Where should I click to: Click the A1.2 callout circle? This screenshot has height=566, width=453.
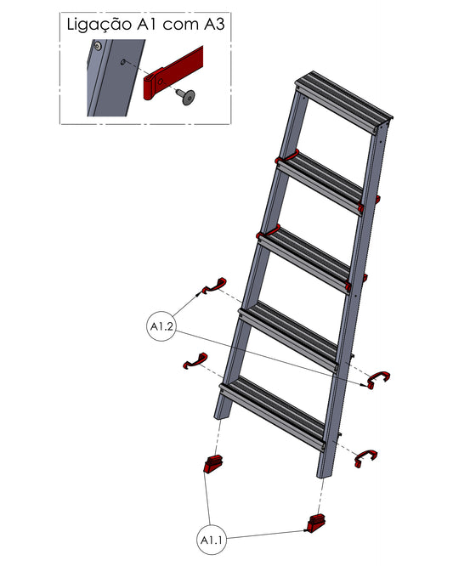tap(162, 326)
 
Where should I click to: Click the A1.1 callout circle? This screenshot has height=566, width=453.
tap(212, 540)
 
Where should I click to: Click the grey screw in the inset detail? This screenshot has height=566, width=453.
tap(185, 97)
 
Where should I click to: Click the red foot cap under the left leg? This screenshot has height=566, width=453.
tap(213, 463)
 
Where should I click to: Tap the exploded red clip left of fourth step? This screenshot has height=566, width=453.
tap(214, 286)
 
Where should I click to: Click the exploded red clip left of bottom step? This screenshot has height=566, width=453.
tap(195, 360)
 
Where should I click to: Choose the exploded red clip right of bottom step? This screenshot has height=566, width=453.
tap(365, 458)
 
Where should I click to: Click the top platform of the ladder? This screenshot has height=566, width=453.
tap(343, 102)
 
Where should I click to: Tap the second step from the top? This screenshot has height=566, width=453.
tap(320, 183)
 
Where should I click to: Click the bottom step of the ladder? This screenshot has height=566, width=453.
tap(274, 412)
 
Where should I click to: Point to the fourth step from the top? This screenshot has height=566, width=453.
tap(290, 337)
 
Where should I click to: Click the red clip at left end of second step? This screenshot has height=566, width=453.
tap(286, 156)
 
